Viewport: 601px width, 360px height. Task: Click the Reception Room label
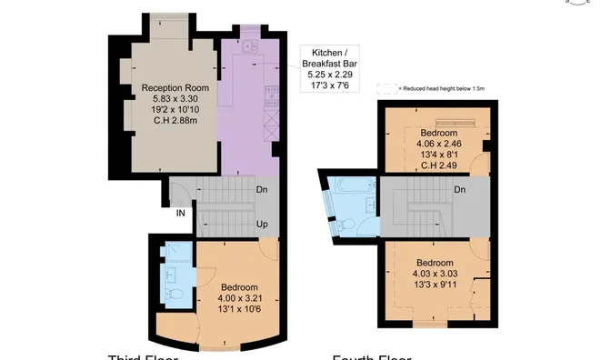[x=175, y=88]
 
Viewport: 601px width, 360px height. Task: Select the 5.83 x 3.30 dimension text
[x=175, y=99]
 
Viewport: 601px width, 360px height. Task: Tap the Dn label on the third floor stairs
[x=261, y=190]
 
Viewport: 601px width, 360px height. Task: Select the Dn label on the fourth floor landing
[x=460, y=190]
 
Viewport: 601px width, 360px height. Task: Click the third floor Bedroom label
[x=239, y=287]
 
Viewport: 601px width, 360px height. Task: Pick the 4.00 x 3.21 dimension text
[x=239, y=298]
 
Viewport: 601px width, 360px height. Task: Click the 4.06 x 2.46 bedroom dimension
[x=438, y=142]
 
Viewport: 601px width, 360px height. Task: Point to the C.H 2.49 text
[x=438, y=165]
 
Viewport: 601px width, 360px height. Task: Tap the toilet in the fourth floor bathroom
[x=350, y=224]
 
